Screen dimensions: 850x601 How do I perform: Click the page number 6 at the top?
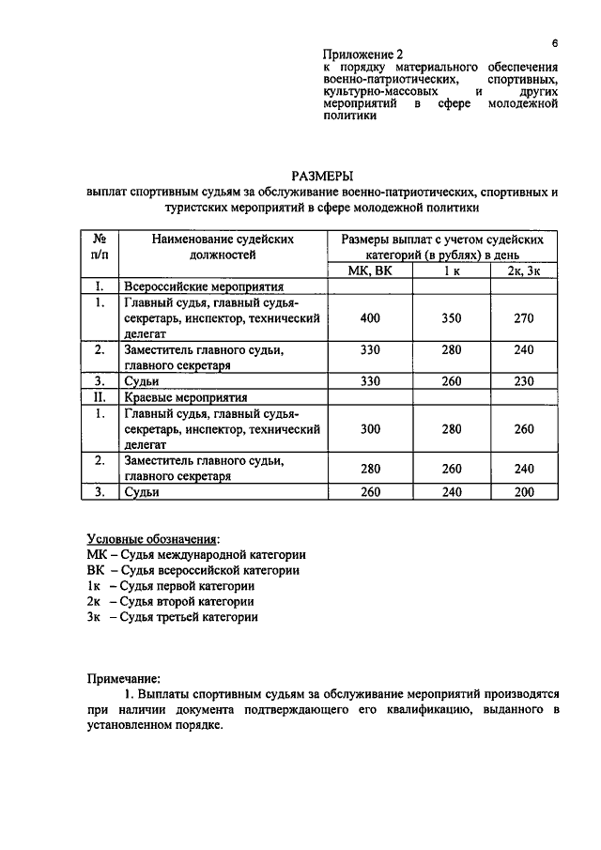(x=555, y=43)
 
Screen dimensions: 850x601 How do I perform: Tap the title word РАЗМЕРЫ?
(x=321, y=176)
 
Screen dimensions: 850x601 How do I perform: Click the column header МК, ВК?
(x=369, y=271)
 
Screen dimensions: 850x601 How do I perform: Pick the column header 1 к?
(x=452, y=271)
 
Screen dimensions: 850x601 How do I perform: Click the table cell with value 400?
(x=369, y=318)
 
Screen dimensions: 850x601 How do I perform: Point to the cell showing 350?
(x=452, y=318)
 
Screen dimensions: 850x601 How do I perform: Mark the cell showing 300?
(x=369, y=428)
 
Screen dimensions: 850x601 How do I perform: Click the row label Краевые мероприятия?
(x=184, y=397)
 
